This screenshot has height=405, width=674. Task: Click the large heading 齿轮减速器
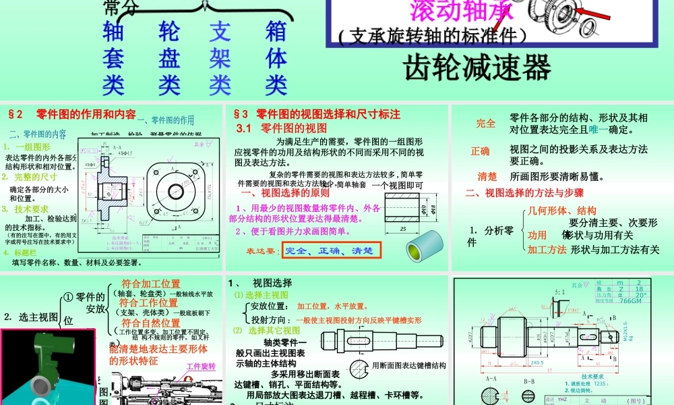pos(477,67)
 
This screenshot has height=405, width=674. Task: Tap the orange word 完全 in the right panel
pos(485,124)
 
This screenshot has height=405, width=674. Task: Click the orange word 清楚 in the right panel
pos(487,177)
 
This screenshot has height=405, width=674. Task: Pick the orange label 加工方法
pos(547,249)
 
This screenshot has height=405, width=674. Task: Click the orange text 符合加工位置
pos(150,283)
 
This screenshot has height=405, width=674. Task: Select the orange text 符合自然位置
pos(150,323)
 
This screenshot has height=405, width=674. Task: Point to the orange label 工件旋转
pos(200,367)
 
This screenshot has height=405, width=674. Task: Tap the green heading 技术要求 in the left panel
pos(32,209)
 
